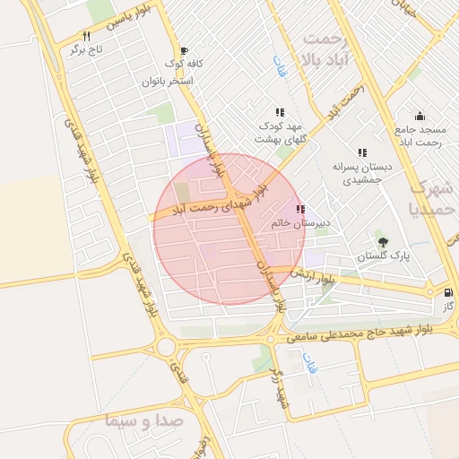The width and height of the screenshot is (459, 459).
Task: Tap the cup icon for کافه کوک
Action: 184,51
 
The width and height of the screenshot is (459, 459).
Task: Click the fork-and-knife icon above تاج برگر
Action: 86,36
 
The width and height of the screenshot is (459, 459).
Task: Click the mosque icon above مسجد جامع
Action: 419,116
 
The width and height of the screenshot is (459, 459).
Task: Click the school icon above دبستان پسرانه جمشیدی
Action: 361,153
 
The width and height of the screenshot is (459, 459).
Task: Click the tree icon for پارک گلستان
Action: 384,241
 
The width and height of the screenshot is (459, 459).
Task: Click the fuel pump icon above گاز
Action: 447,292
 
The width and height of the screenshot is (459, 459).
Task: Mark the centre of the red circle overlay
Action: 229,229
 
